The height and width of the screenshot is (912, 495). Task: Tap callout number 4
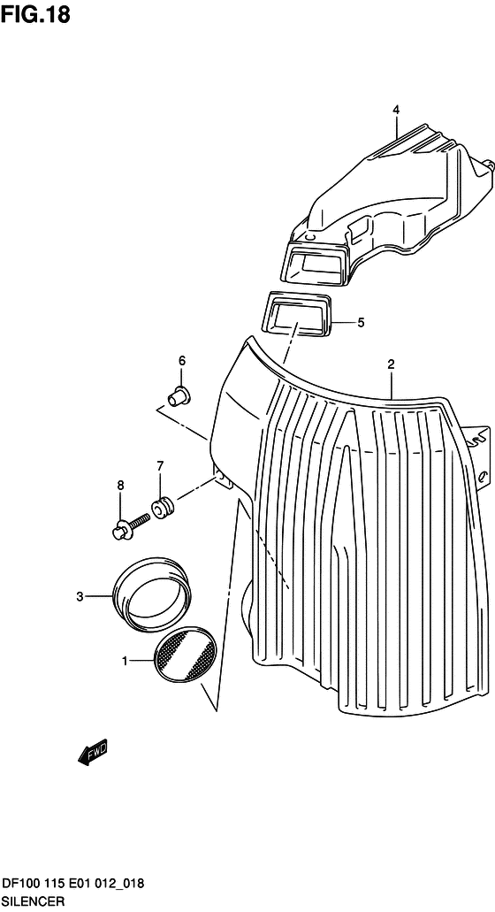click(396, 110)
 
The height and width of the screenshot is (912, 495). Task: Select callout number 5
click(361, 322)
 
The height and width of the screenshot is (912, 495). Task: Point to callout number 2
click(391, 364)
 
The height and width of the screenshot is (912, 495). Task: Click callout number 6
click(182, 361)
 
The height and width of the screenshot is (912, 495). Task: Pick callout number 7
click(160, 465)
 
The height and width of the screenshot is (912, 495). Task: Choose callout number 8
click(121, 485)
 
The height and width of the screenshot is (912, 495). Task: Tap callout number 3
click(80, 596)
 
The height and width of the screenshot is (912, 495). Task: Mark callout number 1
click(125, 660)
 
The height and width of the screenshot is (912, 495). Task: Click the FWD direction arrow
click(93, 754)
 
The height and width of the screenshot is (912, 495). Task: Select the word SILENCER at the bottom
click(33, 901)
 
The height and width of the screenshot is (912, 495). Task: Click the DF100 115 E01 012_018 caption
click(73, 885)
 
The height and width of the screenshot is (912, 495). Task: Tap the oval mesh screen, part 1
click(186, 655)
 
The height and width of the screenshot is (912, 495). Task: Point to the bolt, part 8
click(131, 523)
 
